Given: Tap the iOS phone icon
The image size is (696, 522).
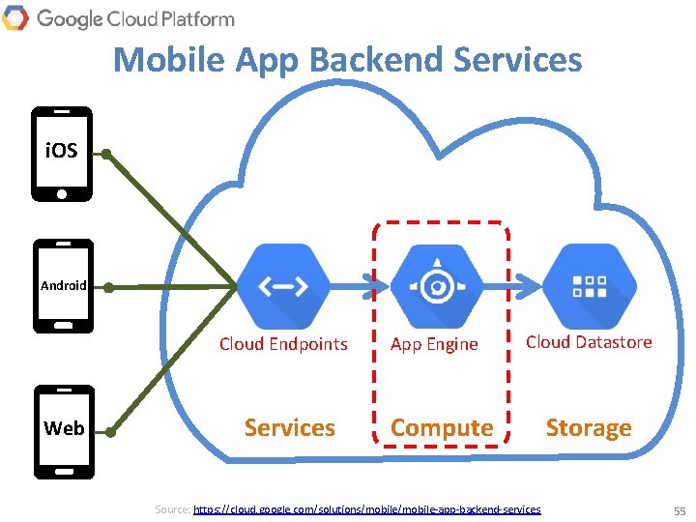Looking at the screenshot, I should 62,154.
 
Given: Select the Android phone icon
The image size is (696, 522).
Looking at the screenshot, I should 63,286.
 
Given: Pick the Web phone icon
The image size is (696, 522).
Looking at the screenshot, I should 64,431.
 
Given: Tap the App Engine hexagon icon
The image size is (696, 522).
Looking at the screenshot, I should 437,285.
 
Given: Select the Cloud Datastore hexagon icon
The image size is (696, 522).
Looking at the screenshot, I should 590,285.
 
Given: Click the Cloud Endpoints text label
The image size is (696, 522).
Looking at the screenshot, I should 283,344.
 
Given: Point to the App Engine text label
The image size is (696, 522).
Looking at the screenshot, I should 434,344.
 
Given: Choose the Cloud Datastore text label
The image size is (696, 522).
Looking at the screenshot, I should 589,342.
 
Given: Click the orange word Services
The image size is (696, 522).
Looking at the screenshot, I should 289,427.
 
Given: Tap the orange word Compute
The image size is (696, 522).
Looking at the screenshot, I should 442,427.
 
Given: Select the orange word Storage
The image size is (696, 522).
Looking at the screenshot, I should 589,427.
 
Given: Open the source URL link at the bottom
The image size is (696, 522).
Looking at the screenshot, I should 367,508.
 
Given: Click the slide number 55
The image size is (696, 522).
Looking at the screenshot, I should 680,509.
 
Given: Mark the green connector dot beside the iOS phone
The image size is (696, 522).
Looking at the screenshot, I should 106,153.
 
